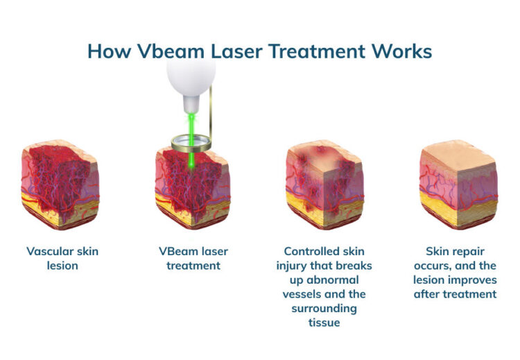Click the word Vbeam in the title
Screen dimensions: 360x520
coord(161,51)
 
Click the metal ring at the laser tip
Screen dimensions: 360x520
coord(191,142)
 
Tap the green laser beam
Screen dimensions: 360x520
coord(191,160)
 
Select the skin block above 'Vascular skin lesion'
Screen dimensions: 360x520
coord(60,184)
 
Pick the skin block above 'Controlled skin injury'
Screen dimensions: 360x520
coord(323,184)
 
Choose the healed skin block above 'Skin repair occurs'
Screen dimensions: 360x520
coord(458,184)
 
